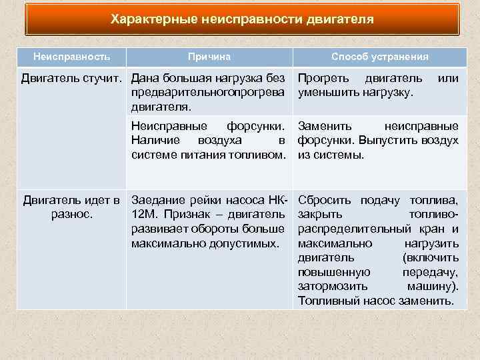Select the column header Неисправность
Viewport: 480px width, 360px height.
(72, 57)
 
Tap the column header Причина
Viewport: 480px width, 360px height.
(209, 57)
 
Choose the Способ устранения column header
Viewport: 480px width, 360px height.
(379, 57)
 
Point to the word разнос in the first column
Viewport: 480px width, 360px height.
(70, 214)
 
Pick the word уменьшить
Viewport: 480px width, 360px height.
(329, 93)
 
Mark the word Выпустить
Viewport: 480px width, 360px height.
(392, 141)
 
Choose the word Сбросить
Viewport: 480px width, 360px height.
(325, 199)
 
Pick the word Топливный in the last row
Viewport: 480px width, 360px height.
(327, 301)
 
